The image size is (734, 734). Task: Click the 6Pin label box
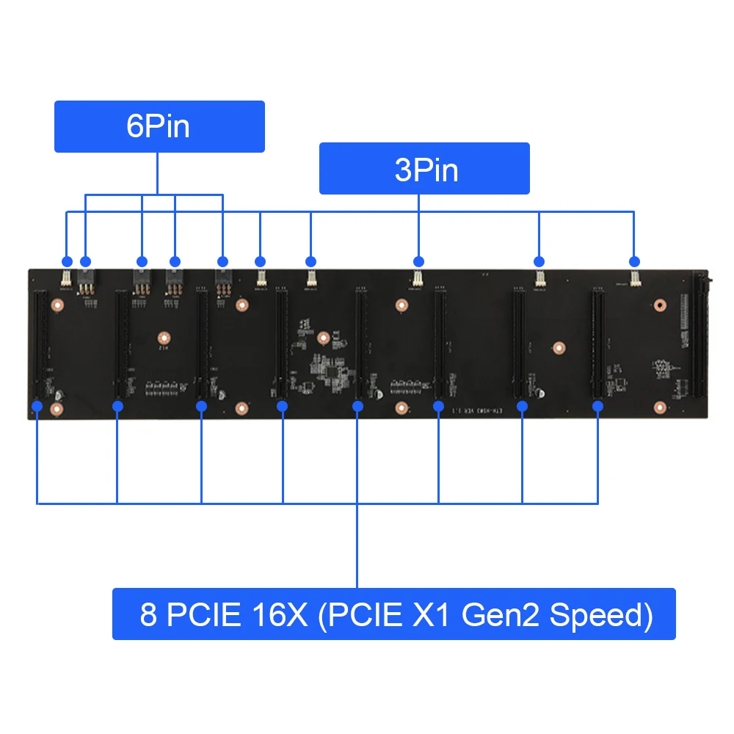click(x=159, y=126)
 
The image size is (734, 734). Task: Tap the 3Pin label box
click(x=424, y=168)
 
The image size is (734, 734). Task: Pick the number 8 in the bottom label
click(x=148, y=614)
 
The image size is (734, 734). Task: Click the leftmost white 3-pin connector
click(x=66, y=277)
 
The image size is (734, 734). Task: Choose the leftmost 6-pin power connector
click(x=85, y=280)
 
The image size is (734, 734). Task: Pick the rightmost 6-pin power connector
click(x=222, y=280)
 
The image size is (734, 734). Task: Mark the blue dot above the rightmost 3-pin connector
click(x=635, y=261)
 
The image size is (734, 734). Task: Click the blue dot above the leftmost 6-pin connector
click(x=85, y=261)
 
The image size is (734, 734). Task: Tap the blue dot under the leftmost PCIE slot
click(x=37, y=404)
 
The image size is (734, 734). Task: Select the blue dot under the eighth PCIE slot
click(x=597, y=405)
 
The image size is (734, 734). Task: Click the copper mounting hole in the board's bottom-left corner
click(x=57, y=409)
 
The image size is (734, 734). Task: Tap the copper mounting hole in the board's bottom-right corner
click(x=659, y=407)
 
